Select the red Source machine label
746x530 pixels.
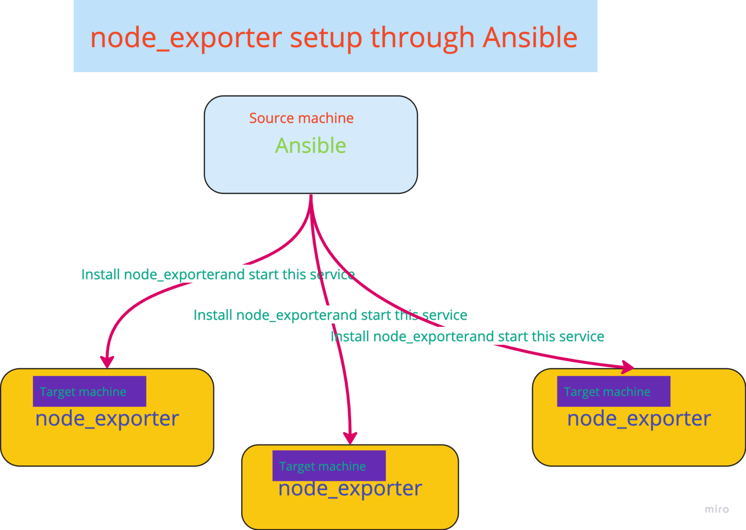coord(301,118)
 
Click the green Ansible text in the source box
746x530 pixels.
coord(311,145)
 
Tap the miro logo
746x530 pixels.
coord(716,509)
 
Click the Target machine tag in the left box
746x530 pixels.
coord(89,392)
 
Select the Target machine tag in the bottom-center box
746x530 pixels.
coord(329,466)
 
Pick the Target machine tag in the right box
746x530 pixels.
coord(613,392)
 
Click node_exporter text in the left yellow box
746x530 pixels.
coord(107,419)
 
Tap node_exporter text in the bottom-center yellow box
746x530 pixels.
coord(350,489)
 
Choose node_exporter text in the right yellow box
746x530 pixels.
coord(639,419)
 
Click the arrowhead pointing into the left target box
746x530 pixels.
coord(107,362)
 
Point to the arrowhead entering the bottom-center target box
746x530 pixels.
coord(350,437)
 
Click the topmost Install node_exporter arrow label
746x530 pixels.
coord(218,274)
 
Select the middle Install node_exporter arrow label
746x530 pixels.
coord(330,315)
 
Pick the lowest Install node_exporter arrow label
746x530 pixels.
coord(467,337)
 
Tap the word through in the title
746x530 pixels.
coord(423,38)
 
